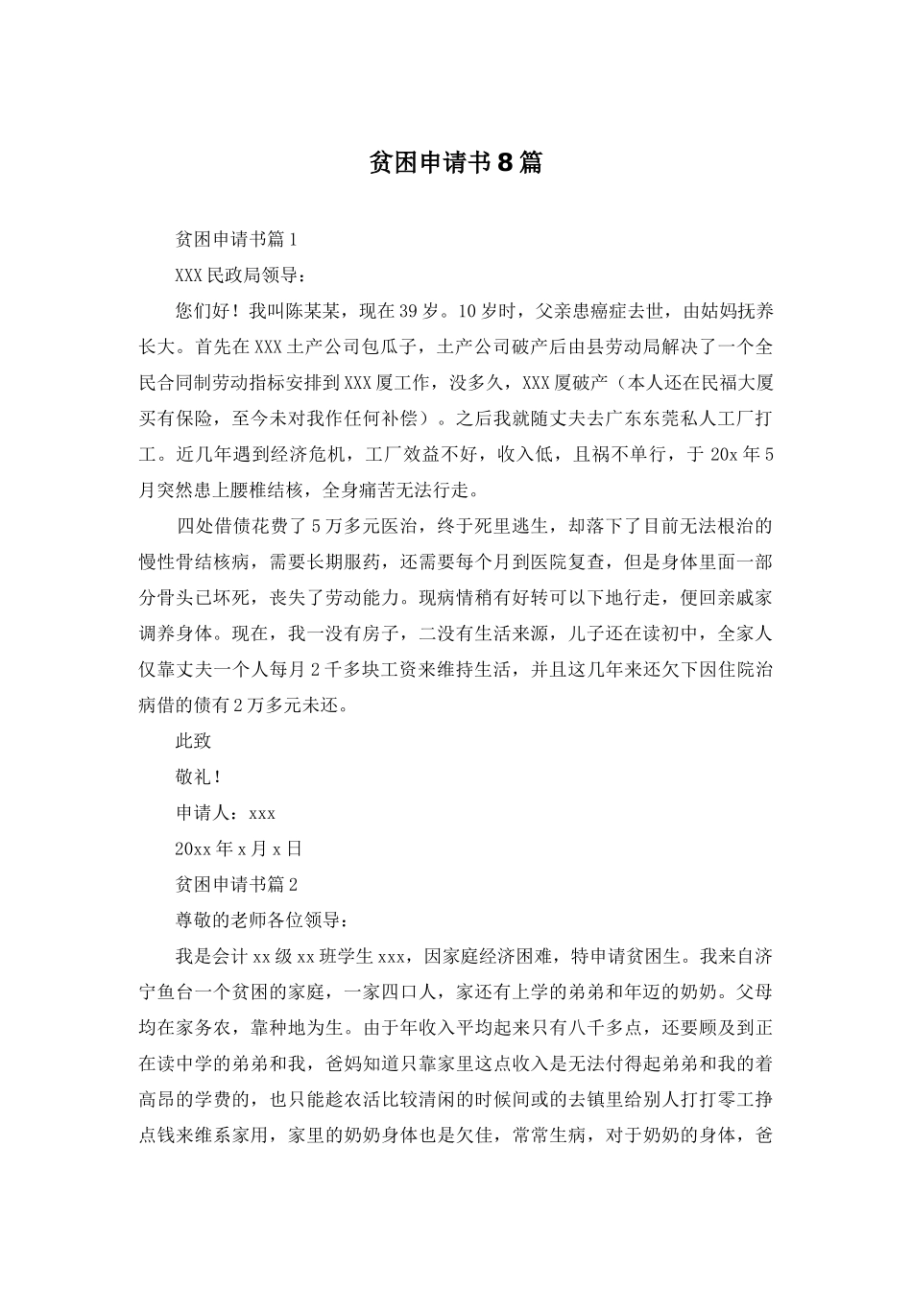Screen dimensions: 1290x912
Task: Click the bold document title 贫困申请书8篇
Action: coord(455,163)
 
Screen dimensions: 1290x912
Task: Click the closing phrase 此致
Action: coord(193,741)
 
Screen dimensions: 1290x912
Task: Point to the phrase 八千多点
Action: coord(604,1028)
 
